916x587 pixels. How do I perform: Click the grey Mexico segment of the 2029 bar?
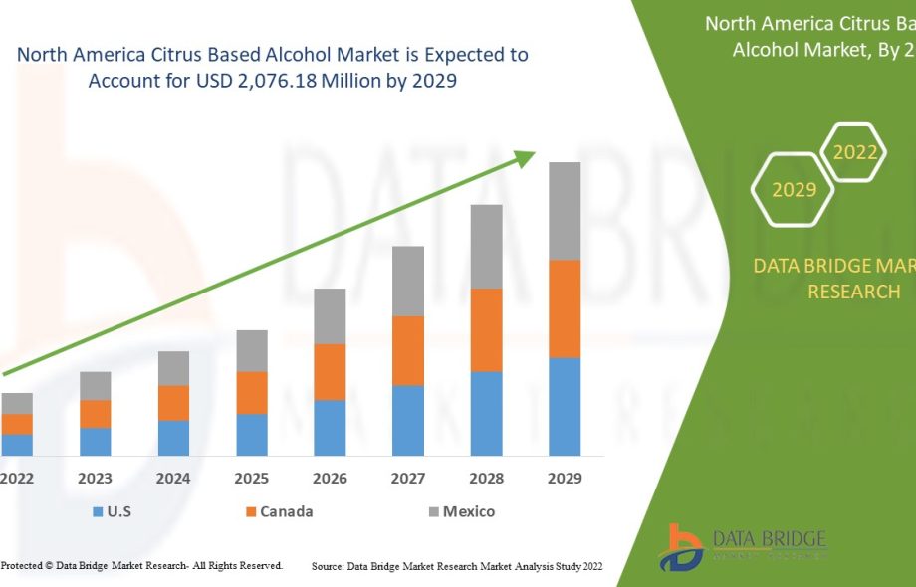pyautogui.click(x=565, y=211)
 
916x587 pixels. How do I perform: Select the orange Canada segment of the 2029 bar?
pyautogui.click(x=565, y=308)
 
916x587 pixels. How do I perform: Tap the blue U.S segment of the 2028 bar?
pyautogui.click(x=486, y=413)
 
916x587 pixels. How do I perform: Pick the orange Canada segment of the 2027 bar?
pyautogui.click(x=408, y=350)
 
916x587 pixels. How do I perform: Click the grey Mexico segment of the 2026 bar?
pyautogui.click(x=330, y=316)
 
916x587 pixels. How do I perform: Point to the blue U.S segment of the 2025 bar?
pyautogui.click(x=252, y=434)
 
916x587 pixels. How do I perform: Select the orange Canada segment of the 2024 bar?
pyautogui.click(x=173, y=403)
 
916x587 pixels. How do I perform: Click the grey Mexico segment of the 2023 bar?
pyautogui.click(x=96, y=386)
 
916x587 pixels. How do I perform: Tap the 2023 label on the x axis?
pyautogui.click(x=96, y=479)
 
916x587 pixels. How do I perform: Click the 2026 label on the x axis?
pyautogui.click(x=330, y=479)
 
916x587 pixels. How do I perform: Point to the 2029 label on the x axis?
pyautogui.click(x=565, y=479)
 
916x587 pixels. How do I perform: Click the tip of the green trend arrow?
pyautogui.click(x=533, y=154)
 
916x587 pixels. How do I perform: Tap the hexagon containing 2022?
pyautogui.click(x=854, y=152)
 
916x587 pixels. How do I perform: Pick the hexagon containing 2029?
pyautogui.click(x=794, y=189)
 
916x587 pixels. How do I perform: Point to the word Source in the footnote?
pyautogui.click(x=327, y=566)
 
